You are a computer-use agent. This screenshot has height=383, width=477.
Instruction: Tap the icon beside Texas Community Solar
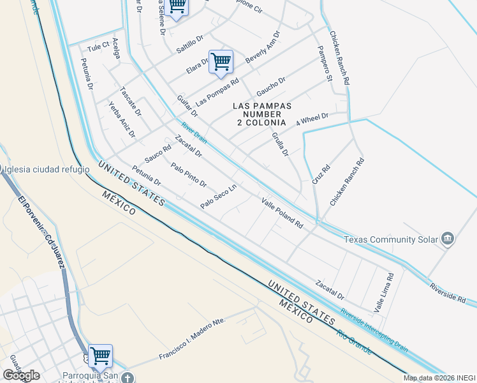[x=448, y=239]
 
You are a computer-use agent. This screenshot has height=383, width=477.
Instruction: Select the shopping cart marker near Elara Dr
[x=221, y=62]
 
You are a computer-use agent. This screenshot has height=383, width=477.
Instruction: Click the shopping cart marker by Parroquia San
[x=100, y=356]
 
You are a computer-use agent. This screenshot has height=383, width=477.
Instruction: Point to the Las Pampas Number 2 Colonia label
[x=262, y=114]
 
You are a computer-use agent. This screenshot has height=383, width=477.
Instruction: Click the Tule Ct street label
[x=98, y=47]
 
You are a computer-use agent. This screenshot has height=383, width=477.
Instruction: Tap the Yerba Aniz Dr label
[x=122, y=119]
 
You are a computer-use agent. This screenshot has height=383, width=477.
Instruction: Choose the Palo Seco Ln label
[x=219, y=196]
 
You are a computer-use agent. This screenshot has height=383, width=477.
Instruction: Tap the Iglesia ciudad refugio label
[x=44, y=170]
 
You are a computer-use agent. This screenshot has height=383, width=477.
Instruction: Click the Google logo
[x=21, y=375]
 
